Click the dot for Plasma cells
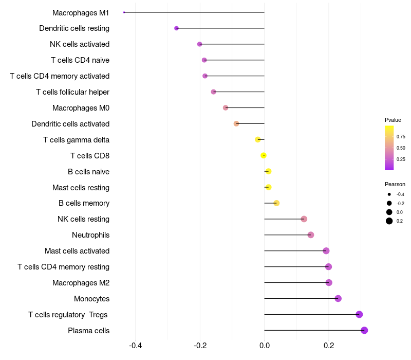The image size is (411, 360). tap(364, 330)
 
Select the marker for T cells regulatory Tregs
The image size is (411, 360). tap(359, 314)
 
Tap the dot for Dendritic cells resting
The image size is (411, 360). tap(176, 28)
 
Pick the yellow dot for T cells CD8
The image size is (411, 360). tap(264, 155)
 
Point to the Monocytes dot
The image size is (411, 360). tap(338, 298)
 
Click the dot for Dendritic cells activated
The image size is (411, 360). tap(236, 123)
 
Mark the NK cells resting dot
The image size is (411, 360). tap(304, 219)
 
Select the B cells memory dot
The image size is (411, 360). tap(276, 203)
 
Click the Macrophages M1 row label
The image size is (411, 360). tap(81, 12)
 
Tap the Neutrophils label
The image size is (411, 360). tap(90, 235)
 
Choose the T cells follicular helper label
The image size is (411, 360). tap(72, 92)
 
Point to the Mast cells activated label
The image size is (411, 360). tap(77, 251)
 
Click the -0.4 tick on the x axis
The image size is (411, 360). tap(135, 345)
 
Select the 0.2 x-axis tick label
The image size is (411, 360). tap(329, 345)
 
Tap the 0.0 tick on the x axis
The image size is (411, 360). tap(264, 345)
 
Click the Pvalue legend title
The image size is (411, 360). tap(393, 120)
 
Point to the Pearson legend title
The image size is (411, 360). tap(395, 184)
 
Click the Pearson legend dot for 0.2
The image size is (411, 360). tap(389, 221)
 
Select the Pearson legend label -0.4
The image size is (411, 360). tap(400, 194)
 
